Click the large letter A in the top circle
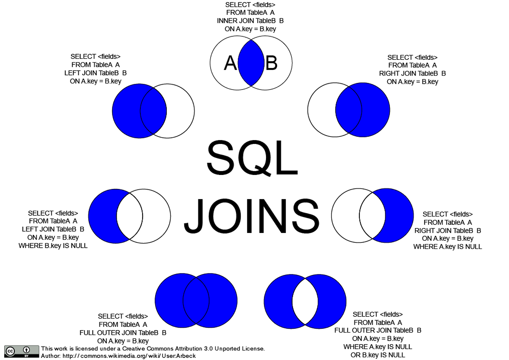pos(230,63)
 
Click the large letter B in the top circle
pos(271,63)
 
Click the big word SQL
pos(252,158)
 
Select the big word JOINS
pos(252,216)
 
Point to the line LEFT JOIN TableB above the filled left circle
pos(95,73)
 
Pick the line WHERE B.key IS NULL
pos(53,246)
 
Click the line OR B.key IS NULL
pos(378,355)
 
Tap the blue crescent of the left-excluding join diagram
pos(102,216)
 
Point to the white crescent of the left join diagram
pos(181,111)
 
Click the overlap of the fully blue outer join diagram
pos(196,301)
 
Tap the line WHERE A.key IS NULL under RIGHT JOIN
pos(447,247)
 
